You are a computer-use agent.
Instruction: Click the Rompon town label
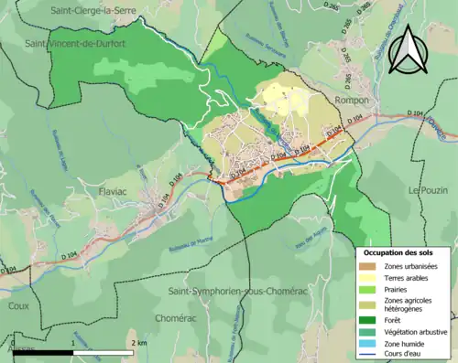352,100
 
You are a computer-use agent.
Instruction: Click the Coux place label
18,307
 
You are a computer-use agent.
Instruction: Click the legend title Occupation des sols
404,252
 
